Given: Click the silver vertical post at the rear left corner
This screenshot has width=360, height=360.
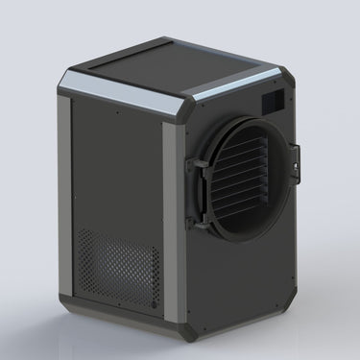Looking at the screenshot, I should point(63,192).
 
